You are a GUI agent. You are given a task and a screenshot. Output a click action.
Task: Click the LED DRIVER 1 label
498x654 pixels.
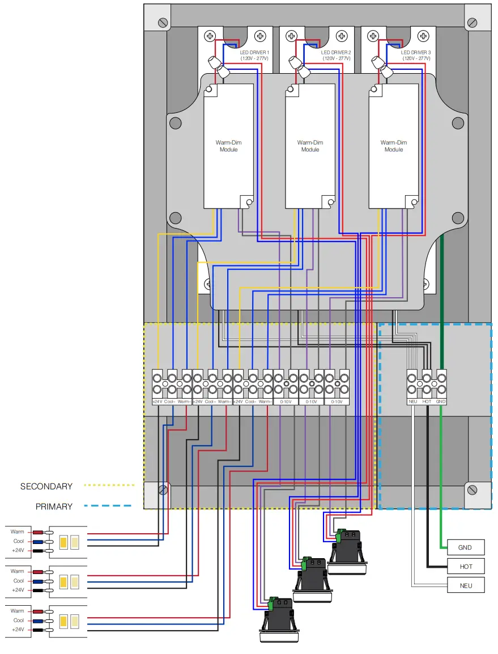pyautogui.click(x=254, y=55)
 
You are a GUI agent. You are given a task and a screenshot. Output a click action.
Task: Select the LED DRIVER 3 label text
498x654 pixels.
pyautogui.click(x=416, y=55)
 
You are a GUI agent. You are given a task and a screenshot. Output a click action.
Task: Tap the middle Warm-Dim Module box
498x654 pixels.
pyautogui.click(x=310, y=146)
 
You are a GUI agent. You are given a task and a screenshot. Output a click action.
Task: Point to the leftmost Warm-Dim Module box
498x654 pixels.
pyautogui.click(x=228, y=146)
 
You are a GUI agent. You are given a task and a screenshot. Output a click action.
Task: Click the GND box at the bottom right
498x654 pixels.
pyautogui.click(x=465, y=547)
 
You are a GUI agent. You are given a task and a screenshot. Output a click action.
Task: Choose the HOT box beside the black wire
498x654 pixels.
pyautogui.click(x=465, y=566)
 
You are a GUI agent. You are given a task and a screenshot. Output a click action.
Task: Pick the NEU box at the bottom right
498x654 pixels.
pyautogui.click(x=465, y=585)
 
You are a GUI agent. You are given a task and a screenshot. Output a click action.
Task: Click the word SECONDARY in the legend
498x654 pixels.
pyautogui.click(x=46, y=486)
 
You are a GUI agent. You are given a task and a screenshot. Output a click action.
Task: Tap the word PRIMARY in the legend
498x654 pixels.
pyautogui.click(x=54, y=506)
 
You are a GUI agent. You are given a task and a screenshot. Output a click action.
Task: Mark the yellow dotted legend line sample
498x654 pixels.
pyautogui.click(x=109, y=486)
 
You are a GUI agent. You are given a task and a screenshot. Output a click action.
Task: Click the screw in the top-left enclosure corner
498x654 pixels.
pyautogui.click(x=163, y=23)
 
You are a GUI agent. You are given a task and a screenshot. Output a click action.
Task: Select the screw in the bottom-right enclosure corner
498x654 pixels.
pyautogui.click(x=471, y=490)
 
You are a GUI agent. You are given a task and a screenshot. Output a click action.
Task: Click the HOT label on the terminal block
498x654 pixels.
pyautogui.click(x=427, y=402)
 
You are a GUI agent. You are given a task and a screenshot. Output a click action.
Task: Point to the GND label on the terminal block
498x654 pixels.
pyautogui.click(x=441, y=402)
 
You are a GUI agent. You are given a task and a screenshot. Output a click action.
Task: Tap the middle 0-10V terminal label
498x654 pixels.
pyautogui.click(x=311, y=402)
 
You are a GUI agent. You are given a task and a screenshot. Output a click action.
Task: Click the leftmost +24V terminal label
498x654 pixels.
pyautogui.click(x=158, y=402)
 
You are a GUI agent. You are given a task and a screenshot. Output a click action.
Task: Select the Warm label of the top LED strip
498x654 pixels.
pyautogui.click(x=18, y=531)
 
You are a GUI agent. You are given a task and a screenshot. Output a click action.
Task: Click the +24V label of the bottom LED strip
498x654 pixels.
pyautogui.click(x=18, y=630)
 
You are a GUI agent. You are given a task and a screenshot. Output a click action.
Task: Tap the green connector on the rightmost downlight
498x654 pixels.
pyautogui.click(x=341, y=533)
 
